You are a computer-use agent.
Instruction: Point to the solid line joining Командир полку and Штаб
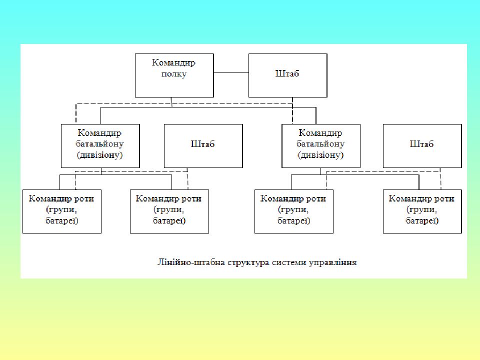coord(231,73)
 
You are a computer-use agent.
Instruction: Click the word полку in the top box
coord(174,74)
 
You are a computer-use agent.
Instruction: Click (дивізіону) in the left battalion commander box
coord(100,155)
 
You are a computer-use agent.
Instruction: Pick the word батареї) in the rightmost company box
coord(422,220)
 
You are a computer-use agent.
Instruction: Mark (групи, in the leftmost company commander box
coord(61,209)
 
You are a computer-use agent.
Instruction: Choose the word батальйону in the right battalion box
coord(320,144)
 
